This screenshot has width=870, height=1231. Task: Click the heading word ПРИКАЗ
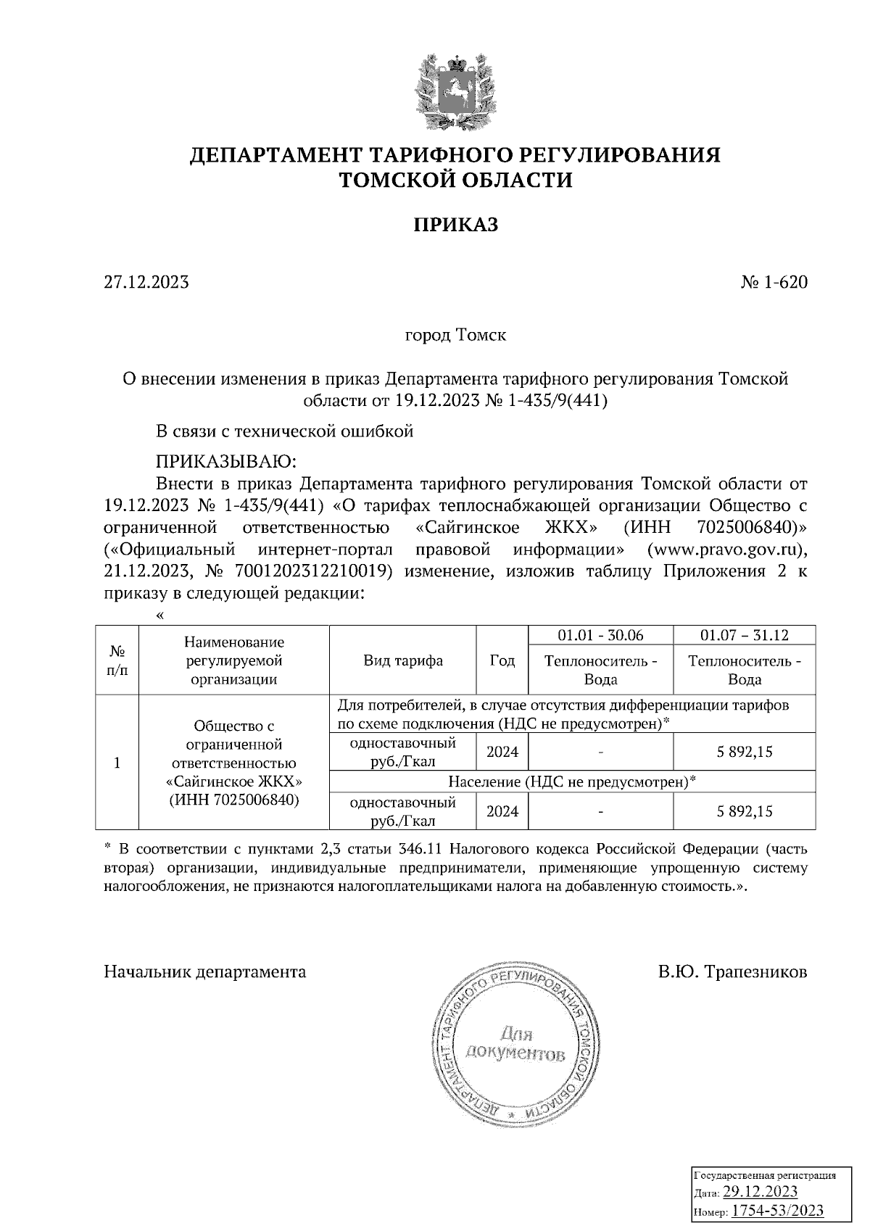pyautogui.click(x=455, y=225)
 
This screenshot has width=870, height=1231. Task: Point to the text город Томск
pyautogui.click(x=455, y=335)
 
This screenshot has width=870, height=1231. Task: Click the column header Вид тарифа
pyautogui.click(x=403, y=660)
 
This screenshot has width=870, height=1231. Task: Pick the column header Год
pyautogui.click(x=502, y=660)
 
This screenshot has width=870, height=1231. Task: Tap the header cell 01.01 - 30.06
pyautogui.click(x=600, y=635)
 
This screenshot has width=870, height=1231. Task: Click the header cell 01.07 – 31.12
pyautogui.click(x=744, y=635)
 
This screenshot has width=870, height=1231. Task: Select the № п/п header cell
pyautogui.click(x=117, y=660)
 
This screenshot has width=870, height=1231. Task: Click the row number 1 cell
pyautogui.click(x=117, y=763)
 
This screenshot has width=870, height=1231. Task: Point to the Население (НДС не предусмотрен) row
pyautogui.click(x=571, y=782)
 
